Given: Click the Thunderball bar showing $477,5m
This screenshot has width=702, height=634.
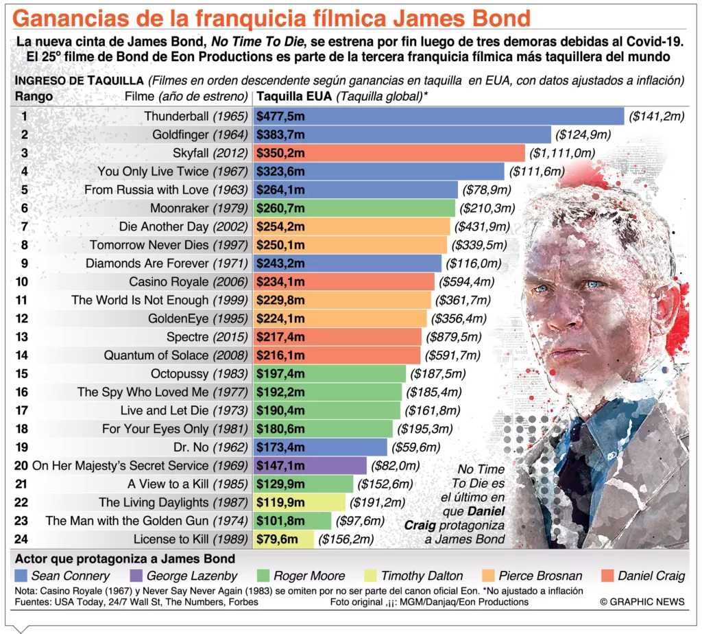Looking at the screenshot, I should [x=439, y=117].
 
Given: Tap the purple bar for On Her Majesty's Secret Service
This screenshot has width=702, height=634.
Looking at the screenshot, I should [x=310, y=466].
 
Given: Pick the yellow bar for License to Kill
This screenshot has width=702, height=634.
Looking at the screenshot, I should [x=284, y=539].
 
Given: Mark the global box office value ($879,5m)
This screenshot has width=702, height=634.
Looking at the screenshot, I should [x=457, y=337].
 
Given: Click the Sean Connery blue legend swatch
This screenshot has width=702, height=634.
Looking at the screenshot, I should [x=21, y=576].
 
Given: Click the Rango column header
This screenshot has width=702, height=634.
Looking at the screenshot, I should [x=34, y=96].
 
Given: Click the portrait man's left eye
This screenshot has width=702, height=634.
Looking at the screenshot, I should [x=594, y=285].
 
